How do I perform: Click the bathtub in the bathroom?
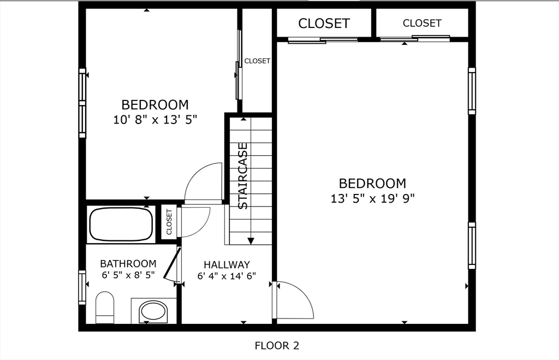(121, 224)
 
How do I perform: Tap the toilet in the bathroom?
(104, 308)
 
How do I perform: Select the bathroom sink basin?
(153, 311)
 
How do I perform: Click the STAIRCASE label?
(243, 176)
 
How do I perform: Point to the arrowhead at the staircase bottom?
(251, 240)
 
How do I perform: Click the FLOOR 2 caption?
(277, 345)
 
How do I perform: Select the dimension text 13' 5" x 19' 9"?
(372, 199)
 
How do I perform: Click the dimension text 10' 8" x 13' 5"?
(154, 120)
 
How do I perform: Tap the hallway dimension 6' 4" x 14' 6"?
(227, 276)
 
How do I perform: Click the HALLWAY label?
(227, 264)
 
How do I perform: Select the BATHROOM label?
(128, 264)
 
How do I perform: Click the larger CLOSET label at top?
(324, 23)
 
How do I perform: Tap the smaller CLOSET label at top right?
(422, 23)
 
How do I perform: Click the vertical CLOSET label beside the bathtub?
(169, 222)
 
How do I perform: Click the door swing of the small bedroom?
(203, 183)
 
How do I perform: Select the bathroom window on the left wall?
(82, 287)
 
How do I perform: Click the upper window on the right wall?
(472, 91)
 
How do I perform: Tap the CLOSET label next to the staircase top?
(257, 61)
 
